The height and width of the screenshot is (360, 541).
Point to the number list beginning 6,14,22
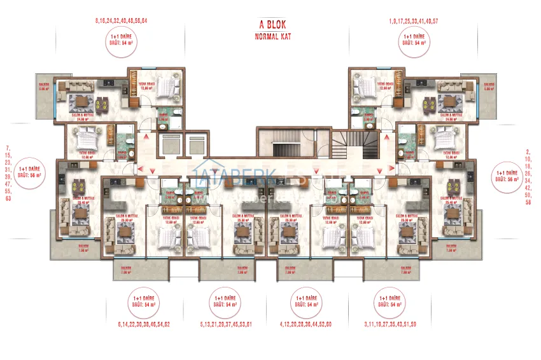pyautogui.click(x=144, y=325)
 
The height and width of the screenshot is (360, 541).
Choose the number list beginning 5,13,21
pyautogui.click(x=227, y=325)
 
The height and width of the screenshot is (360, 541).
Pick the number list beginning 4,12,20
pyautogui.click(x=306, y=325)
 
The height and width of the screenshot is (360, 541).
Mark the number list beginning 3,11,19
pyautogui.click(x=390, y=325)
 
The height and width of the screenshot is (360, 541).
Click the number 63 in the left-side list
pyautogui.click(x=9, y=198)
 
